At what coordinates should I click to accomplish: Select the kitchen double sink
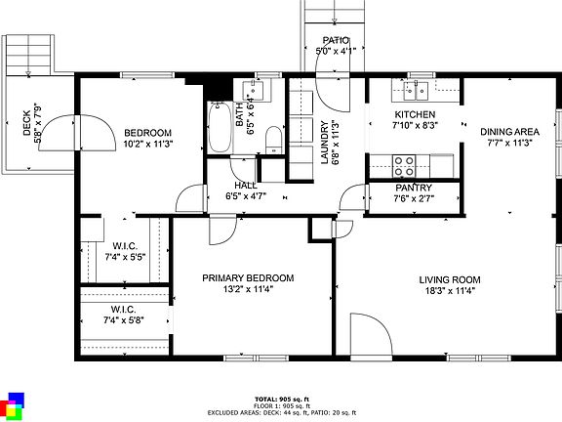416,93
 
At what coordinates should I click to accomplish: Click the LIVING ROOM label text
450,279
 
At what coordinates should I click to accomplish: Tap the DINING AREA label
509,131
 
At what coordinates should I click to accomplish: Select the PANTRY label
414,188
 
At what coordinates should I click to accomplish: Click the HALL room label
245,185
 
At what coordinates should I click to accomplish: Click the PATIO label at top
335,41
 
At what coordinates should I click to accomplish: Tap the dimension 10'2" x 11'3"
148,144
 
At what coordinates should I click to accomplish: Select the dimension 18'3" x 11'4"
450,290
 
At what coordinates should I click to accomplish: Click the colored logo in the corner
14,405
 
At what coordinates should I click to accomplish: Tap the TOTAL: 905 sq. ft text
281,399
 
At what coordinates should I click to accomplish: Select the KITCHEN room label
414,113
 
